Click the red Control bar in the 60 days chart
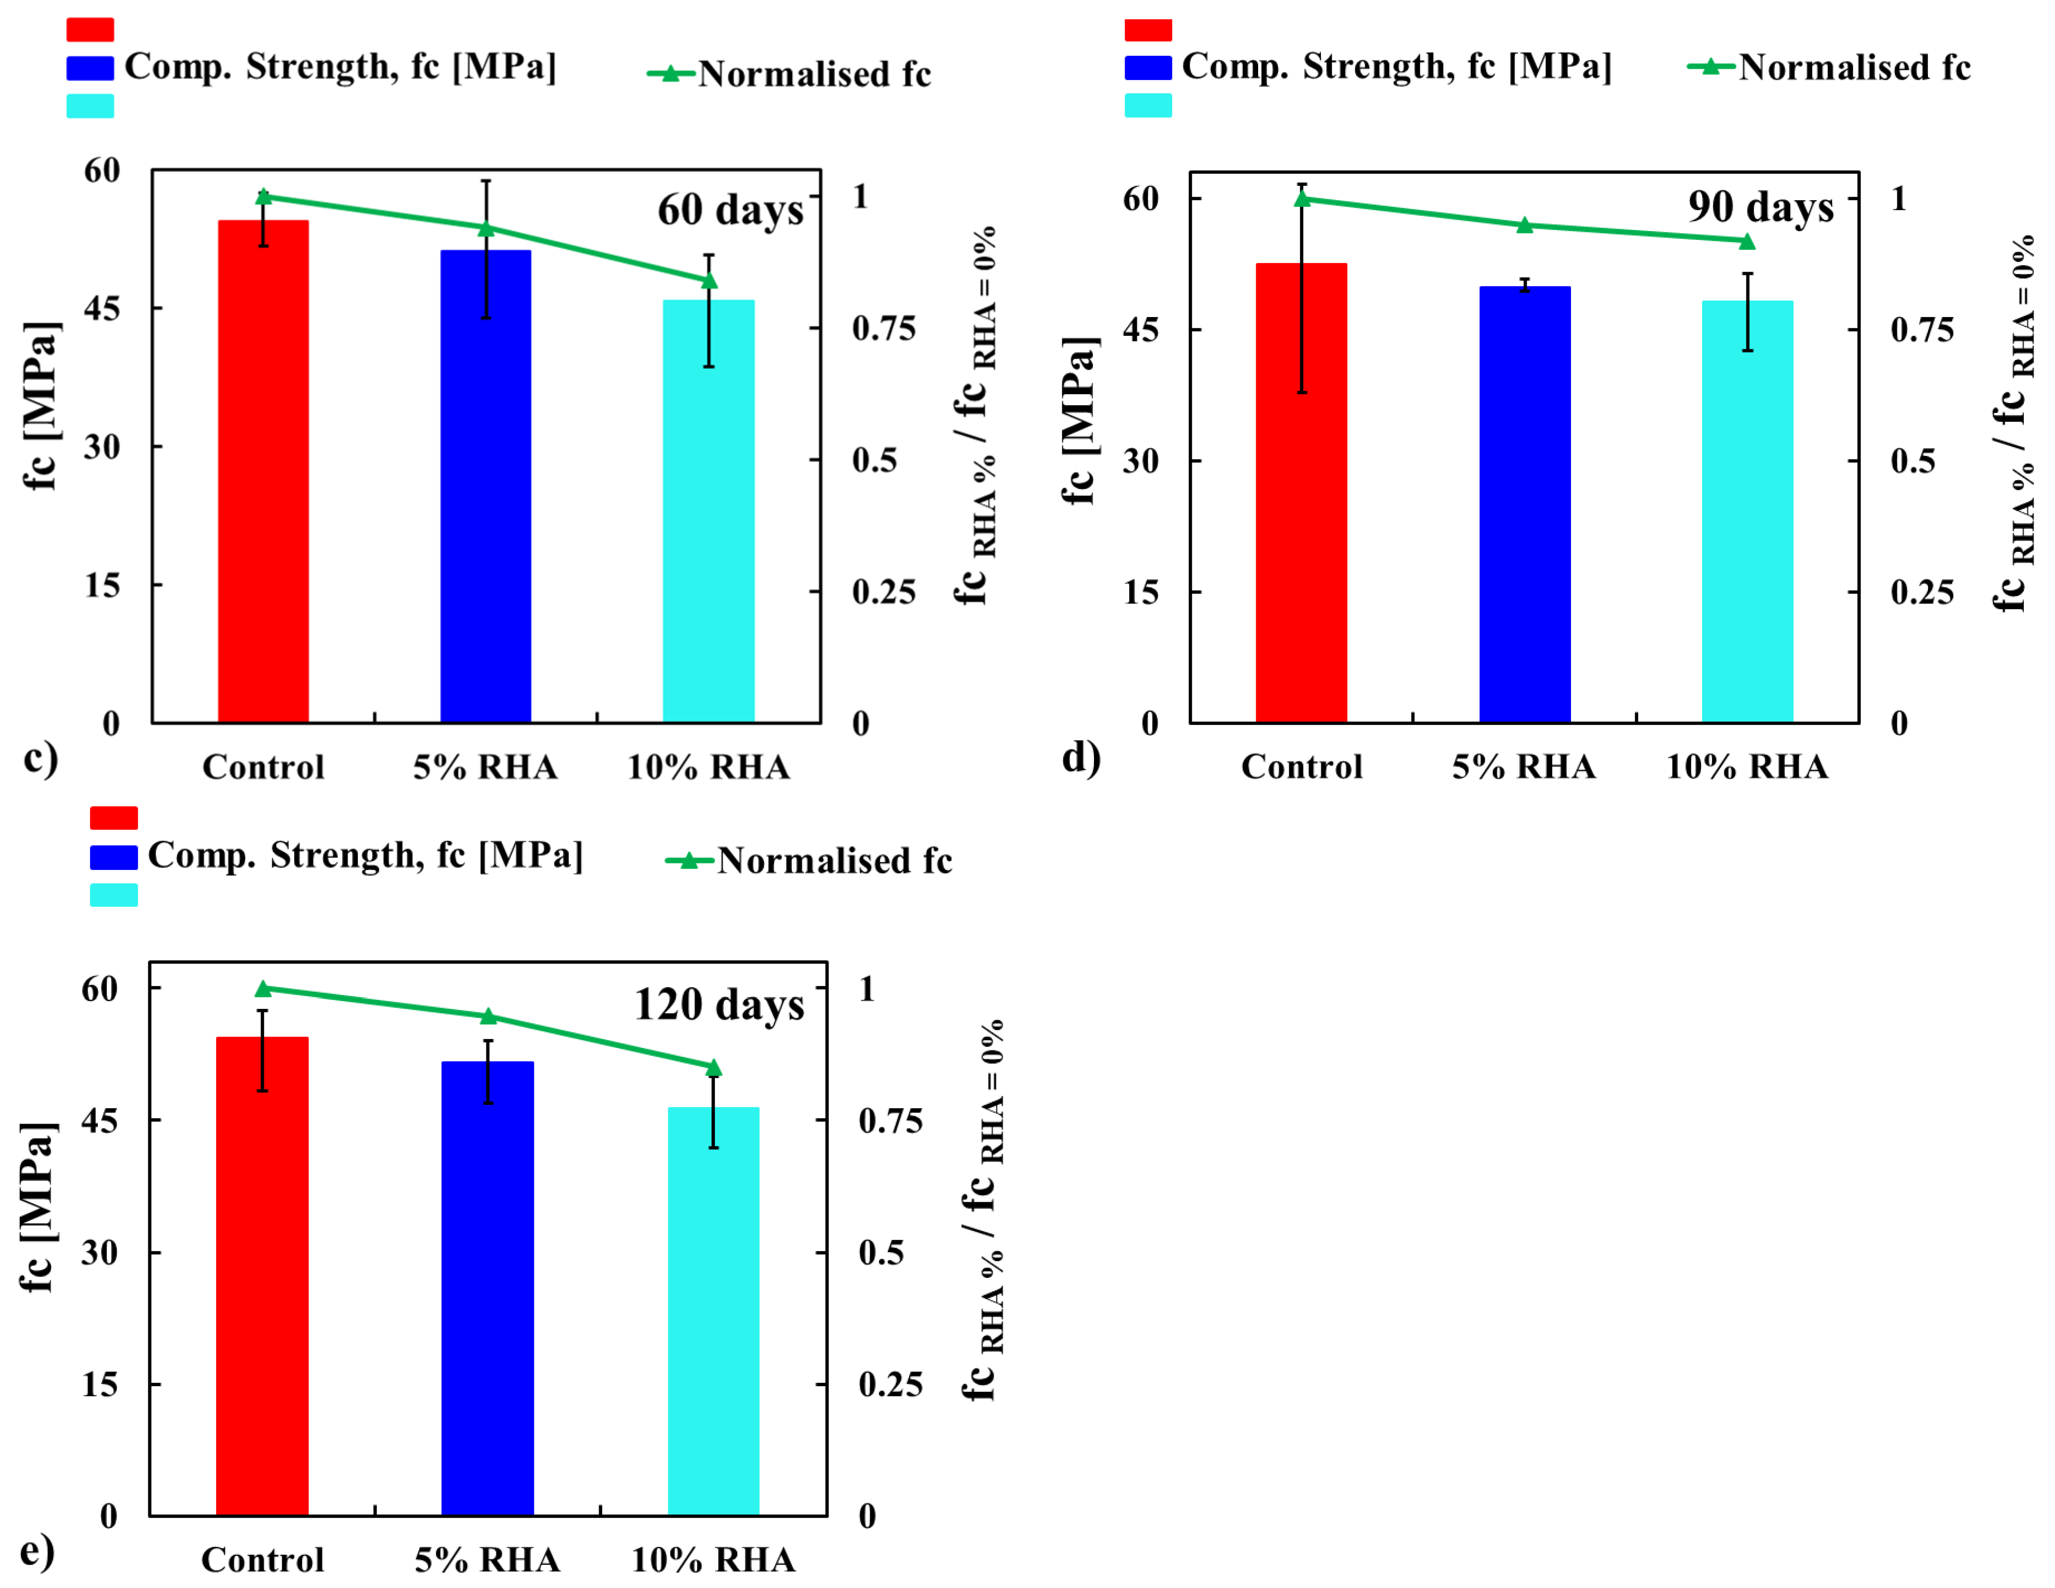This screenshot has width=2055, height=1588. tap(263, 471)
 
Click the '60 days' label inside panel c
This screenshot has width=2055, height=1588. tap(730, 210)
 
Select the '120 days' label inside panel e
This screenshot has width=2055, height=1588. tap(719, 1004)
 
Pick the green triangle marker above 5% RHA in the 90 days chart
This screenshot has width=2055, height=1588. tap(1524, 225)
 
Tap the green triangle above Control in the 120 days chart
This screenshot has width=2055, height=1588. tap(263, 989)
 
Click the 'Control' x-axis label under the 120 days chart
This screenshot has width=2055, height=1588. tap(262, 1560)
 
